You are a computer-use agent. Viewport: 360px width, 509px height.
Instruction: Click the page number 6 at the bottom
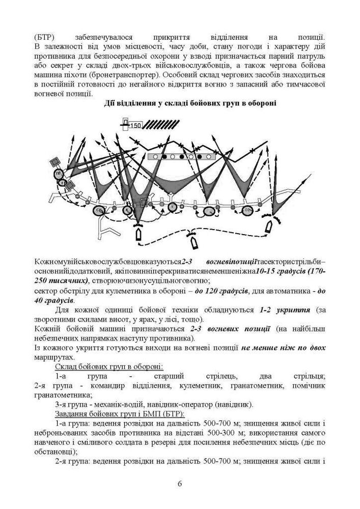tap(180, 483)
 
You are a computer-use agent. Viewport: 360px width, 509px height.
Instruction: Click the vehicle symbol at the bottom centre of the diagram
tap(192, 239)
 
